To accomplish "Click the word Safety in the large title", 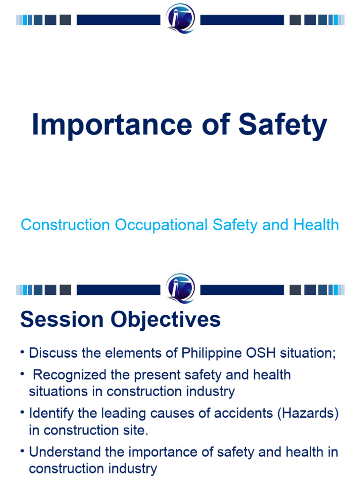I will [x=283, y=125].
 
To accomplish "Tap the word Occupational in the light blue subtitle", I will [x=162, y=225].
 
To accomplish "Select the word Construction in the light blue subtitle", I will [x=65, y=225].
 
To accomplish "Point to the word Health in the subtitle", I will [x=316, y=225].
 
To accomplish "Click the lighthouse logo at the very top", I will [x=180, y=19].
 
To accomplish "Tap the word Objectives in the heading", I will [x=165, y=320].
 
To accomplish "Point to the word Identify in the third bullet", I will [x=51, y=414].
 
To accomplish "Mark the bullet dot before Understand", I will [x=22, y=452].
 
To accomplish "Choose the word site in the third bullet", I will [x=138, y=430].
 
